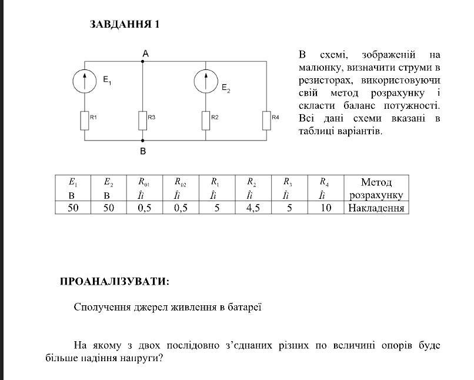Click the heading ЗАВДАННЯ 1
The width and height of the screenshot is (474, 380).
click(x=125, y=25)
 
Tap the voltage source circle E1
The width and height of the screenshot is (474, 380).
click(x=85, y=81)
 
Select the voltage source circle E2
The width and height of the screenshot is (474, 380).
click(x=206, y=81)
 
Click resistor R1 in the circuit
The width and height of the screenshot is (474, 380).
click(x=85, y=120)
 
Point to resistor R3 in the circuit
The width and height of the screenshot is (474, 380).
click(x=143, y=120)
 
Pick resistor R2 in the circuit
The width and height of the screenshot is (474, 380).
click(x=206, y=120)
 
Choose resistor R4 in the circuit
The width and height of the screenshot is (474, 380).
click(x=266, y=120)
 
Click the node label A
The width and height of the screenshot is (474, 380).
click(x=145, y=54)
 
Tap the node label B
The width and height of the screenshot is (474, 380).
click(x=143, y=151)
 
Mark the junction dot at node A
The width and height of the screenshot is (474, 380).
click(x=143, y=61)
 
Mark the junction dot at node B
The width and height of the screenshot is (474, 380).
click(x=143, y=141)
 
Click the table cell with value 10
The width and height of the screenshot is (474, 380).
click(x=326, y=208)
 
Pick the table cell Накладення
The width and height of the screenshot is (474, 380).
click(x=376, y=208)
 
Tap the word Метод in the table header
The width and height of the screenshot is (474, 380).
click(x=376, y=182)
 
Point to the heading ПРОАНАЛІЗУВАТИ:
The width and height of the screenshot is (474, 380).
click(x=115, y=282)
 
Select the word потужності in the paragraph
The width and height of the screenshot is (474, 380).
click(x=412, y=105)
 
